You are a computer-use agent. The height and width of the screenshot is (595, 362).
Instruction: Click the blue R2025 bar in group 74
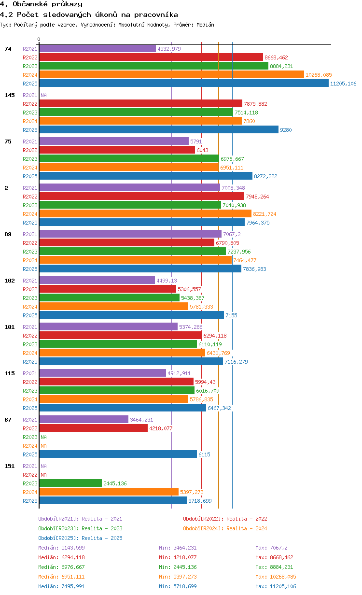(x=184, y=84)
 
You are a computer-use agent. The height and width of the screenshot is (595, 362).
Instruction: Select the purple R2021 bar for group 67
(x=84, y=419)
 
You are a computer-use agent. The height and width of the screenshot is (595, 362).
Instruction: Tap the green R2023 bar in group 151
(x=70, y=483)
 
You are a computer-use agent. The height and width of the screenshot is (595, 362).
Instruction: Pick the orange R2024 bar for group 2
(x=145, y=214)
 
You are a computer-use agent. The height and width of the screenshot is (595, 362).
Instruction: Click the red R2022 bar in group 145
(x=141, y=103)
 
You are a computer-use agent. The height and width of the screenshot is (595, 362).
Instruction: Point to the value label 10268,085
(x=319, y=75)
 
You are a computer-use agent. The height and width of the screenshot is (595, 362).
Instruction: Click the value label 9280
(x=286, y=130)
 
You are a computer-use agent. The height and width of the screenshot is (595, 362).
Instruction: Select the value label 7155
(x=231, y=315)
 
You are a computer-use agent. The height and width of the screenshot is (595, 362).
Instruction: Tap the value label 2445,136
(x=115, y=483)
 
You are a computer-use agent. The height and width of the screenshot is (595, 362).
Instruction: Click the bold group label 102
(x=10, y=281)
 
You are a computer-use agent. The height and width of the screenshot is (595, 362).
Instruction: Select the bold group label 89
(x=8, y=234)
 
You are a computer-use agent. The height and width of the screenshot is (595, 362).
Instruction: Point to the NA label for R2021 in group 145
(x=43, y=95)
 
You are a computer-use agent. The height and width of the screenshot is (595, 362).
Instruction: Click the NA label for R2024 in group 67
(x=43, y=446)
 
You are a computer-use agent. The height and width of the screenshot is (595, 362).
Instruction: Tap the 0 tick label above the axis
(x=39, y=39)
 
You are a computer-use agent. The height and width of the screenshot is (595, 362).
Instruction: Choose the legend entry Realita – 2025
(x=102, y=538)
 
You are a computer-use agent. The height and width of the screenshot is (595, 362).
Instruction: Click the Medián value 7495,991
(x=73, y=586)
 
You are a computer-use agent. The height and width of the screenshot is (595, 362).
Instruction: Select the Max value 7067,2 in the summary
(x=278, y=548)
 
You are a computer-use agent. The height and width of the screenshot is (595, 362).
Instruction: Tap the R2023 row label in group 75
(x=30, y=159)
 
